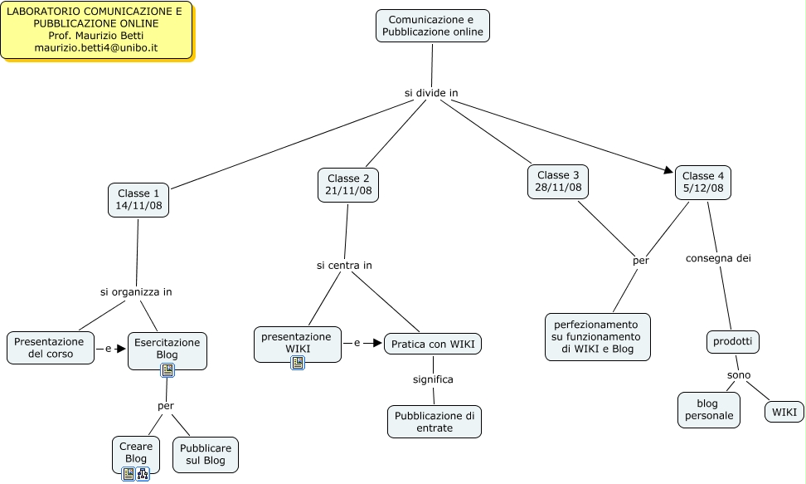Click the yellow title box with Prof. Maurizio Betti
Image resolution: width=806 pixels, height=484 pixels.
(x=95, y=30)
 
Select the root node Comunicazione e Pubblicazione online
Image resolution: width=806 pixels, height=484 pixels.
(x=432, y=26)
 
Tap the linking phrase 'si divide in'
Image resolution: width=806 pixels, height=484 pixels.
(x=431, y=93)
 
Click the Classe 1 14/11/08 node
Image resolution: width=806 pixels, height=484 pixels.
(x=138, y=200)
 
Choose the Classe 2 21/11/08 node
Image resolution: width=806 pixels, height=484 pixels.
(x=348, y=185)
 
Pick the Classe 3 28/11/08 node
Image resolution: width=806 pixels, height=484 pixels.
(x=558, y=182)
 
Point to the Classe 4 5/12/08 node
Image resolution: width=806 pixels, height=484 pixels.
(x=703, y=183)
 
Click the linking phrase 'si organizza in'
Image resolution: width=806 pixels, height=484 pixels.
(x=136, y=292)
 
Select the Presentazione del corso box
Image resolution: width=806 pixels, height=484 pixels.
(x=50, y=348)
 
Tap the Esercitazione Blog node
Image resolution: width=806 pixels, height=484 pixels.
(x=168, y=348)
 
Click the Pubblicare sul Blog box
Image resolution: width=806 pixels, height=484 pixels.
(x=205, y=455)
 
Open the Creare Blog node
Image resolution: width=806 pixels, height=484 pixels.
(x=136, y=452)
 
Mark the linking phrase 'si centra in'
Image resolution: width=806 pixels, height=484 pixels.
(x=344, y=266)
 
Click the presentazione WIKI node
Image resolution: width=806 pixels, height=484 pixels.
(x=297, y=343)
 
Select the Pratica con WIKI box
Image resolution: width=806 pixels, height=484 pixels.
(x=432, y=344)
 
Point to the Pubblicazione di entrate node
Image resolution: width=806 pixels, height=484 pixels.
(x=434, y=422)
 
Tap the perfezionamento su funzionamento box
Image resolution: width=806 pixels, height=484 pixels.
(x=597, y=337)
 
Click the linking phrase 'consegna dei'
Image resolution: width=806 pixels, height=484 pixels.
(x=717, y=258)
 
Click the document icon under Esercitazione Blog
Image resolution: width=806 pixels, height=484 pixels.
(x=168, y=370)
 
